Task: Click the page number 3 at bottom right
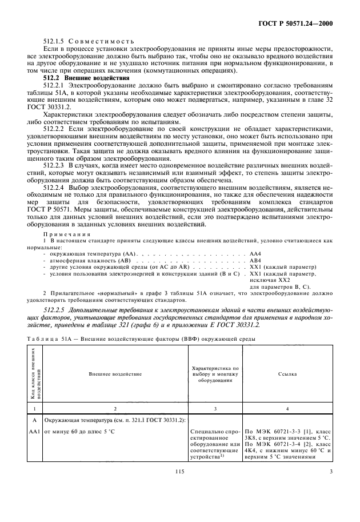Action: point(331,502)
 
